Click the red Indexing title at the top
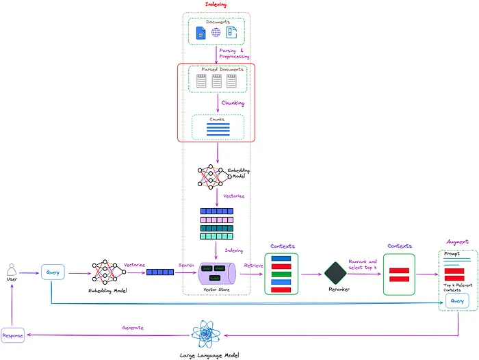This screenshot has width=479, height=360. point(216,5)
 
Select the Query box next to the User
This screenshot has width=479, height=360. point(53,272)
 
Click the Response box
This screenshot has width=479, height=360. point(12,335)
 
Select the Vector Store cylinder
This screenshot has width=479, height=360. point(217,272)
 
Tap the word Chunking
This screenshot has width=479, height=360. point(233,103)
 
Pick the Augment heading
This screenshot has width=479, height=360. point(457,242)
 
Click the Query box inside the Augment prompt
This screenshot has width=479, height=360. point(456,300)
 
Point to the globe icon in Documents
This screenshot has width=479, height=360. point(216,32)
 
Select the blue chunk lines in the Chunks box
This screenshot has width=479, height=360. point(218,128)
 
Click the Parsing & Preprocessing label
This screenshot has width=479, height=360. point(234,53)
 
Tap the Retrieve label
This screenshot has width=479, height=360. point(253,265)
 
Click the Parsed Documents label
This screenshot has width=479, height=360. point(218,69)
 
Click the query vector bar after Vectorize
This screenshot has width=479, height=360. point(159,272)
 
